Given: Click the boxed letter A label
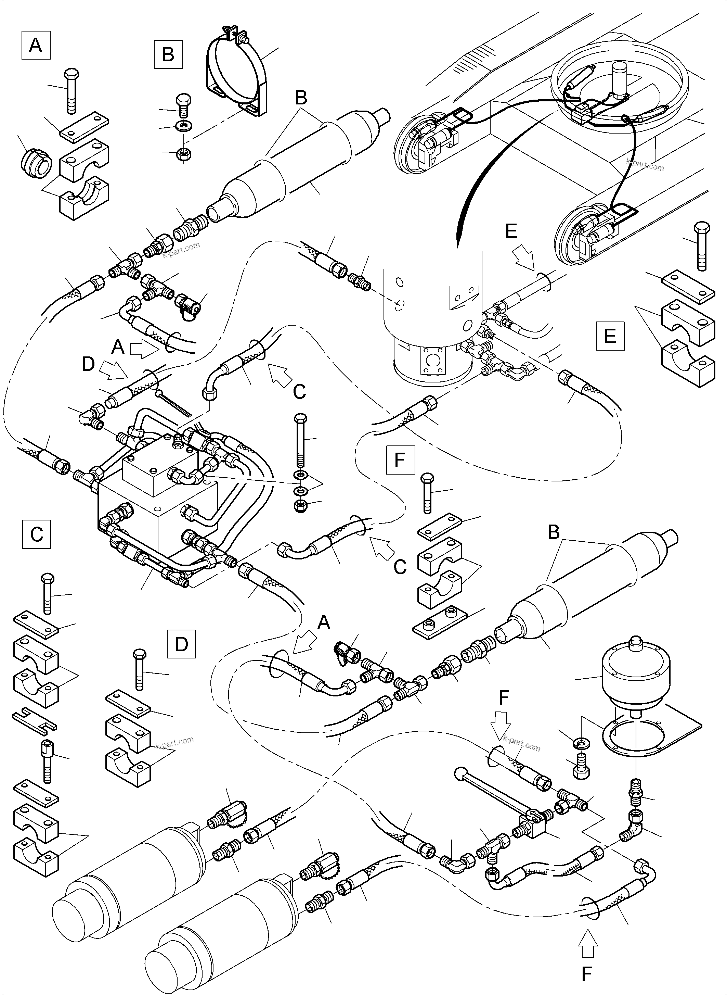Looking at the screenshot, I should [x=36, y=45].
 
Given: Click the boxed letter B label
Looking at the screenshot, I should [x=168, y=55].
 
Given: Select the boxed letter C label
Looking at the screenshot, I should [x=37, y=534].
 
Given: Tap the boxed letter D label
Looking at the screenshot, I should [x=181, y=644].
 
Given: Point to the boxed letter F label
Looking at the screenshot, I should [x=400, y=459].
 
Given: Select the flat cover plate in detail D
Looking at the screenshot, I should [x=128, y=702].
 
